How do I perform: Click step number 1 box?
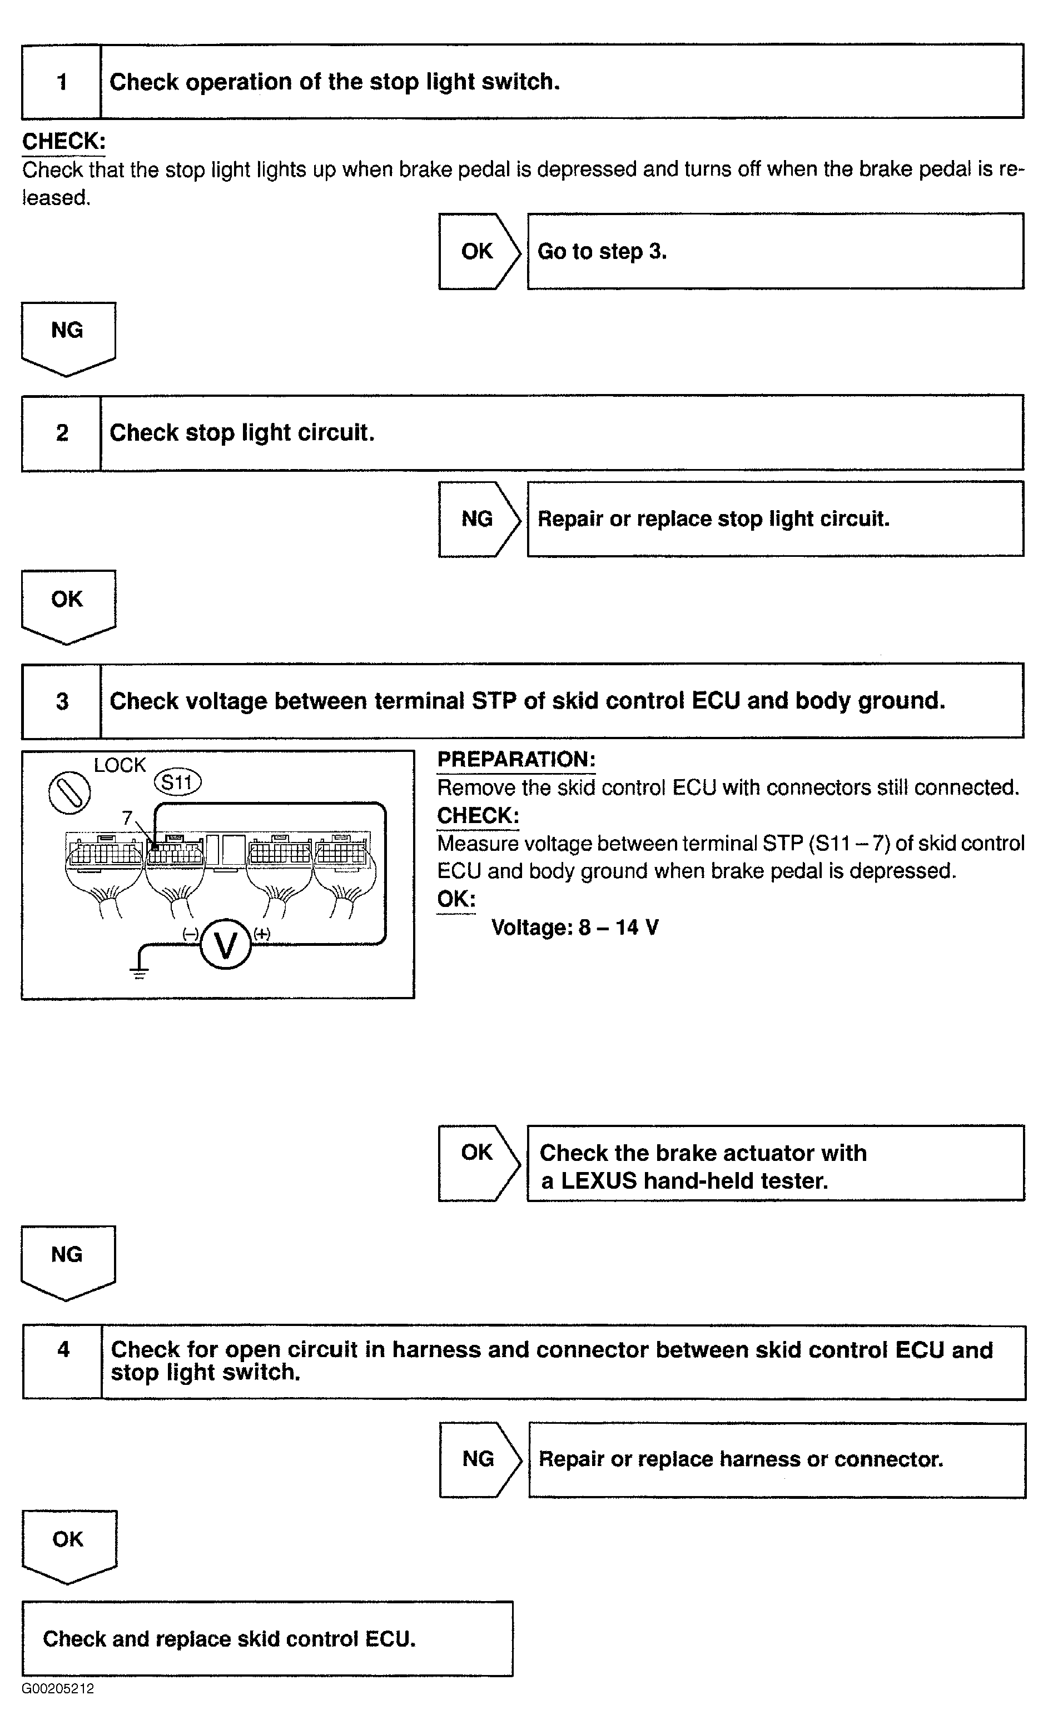61,82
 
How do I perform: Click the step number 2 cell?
61,432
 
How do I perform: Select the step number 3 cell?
61,701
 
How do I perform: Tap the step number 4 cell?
63,1361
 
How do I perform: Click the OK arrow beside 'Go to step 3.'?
478,251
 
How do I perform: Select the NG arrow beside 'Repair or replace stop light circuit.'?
478,519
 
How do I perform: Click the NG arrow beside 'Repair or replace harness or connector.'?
479,1459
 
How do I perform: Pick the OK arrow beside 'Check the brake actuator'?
478,1163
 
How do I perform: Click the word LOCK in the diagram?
120,765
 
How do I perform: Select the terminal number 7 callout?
127,817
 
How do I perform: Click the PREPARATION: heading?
516,760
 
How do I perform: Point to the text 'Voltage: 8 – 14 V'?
575,928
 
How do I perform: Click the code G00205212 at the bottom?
58,1688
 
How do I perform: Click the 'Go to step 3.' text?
602,251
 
